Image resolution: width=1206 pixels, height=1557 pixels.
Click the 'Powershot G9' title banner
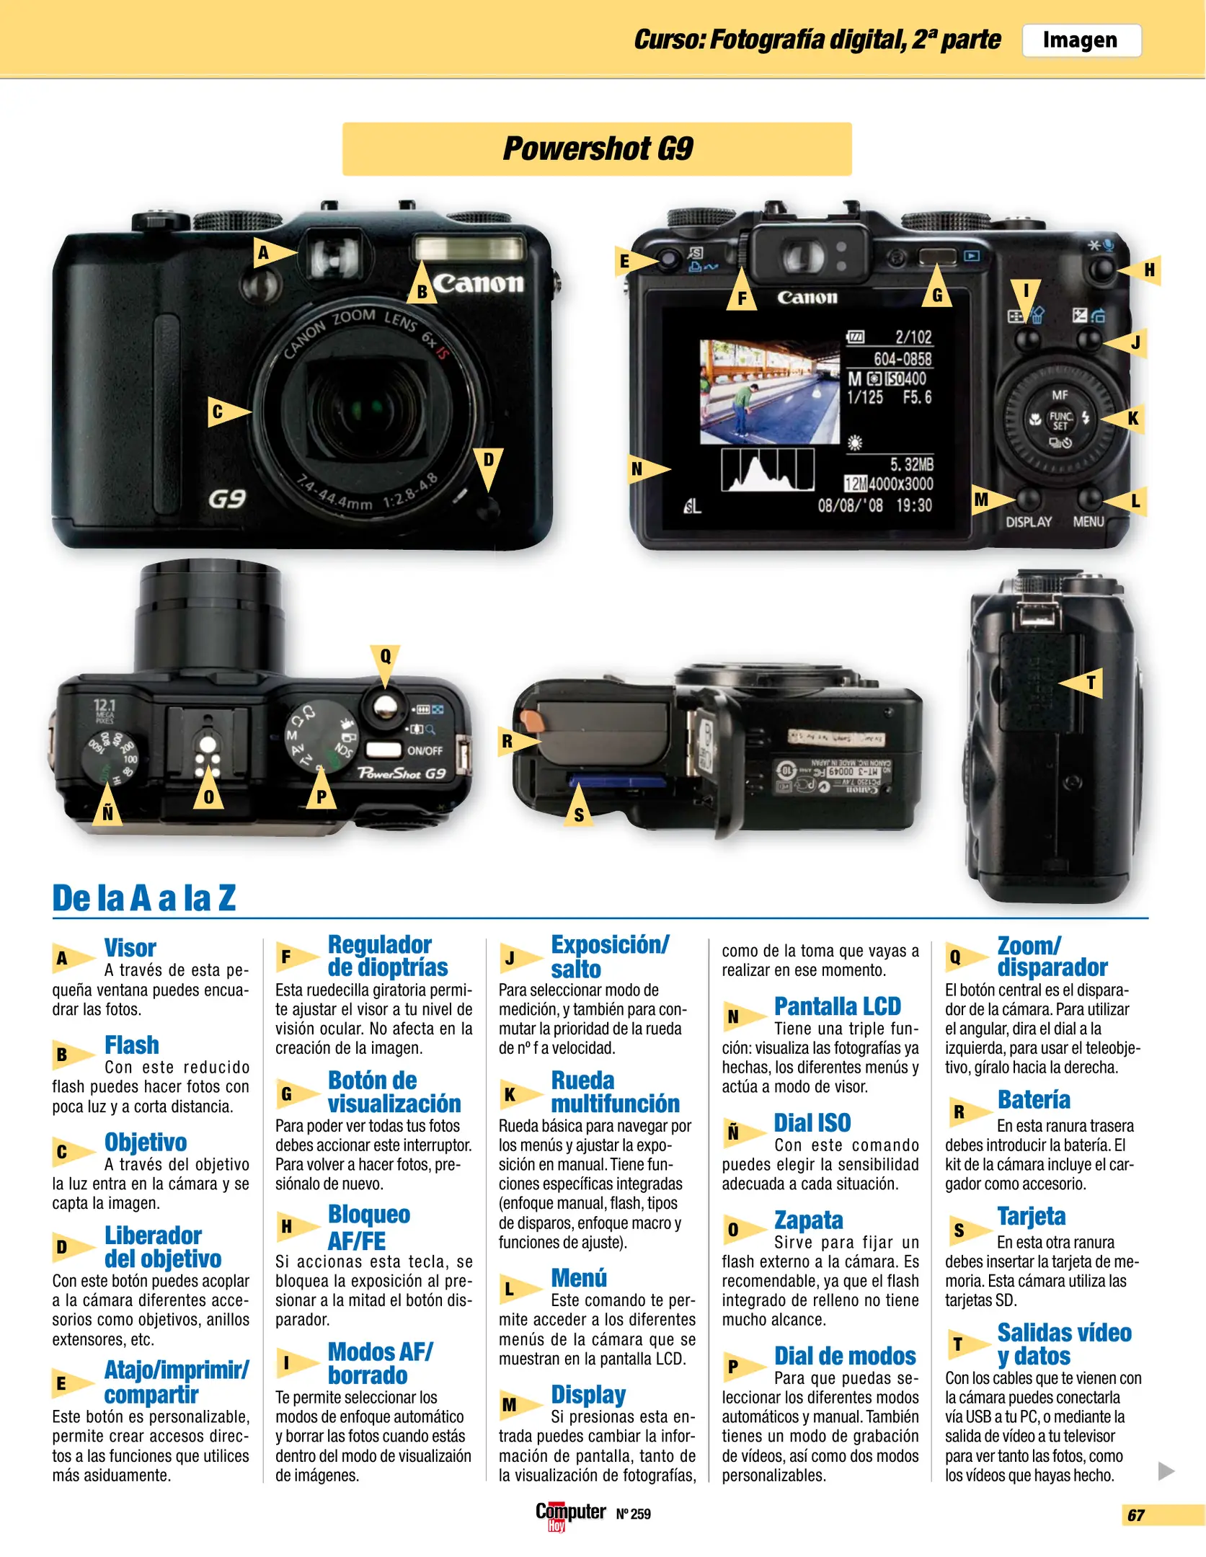tap(597, 148)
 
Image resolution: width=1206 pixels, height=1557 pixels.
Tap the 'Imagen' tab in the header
tap(1081, 40)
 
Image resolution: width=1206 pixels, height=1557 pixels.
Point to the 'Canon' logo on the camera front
tap(478, 283)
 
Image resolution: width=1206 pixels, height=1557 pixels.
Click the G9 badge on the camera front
tap(227, 499)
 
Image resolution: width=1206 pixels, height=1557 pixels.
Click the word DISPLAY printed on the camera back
tap(1029, 521)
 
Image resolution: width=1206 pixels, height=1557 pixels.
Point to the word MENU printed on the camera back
tap(1088, 521)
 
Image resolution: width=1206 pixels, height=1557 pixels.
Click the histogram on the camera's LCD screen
tap(768, 470)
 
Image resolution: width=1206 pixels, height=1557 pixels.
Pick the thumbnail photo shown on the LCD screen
tap(770, 391)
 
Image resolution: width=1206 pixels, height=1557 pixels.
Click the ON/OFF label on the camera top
tap(425, 750)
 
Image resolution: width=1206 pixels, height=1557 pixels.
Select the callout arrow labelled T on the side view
tap(1081, 682)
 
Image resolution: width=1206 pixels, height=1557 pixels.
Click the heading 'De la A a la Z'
tap(144, 898)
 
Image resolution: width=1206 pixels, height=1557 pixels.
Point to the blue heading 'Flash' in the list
tap(132, 1044)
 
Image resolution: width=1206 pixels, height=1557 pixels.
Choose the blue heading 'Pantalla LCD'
tap(838, 1006)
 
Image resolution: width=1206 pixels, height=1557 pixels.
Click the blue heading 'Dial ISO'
tap(812, 1122)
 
